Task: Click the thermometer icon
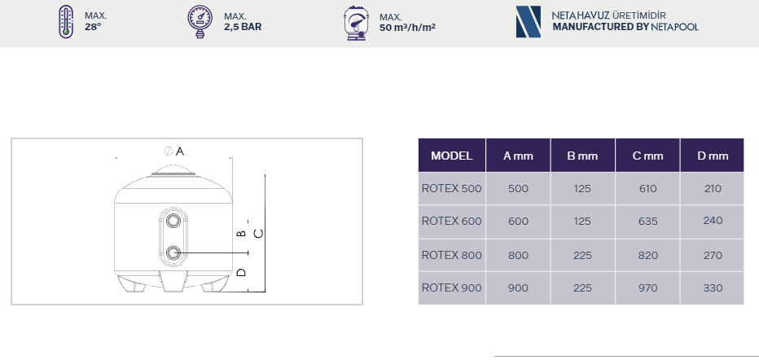[x=66, y=22]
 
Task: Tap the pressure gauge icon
[x=200, y=22]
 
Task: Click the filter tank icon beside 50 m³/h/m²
[x=356, y=23]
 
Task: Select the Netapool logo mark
[x=528, y=22]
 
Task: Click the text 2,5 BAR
[x=243, y=27]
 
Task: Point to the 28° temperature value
[x=93, y=27]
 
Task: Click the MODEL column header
[x=452, y=156]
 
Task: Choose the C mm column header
[x=647, y=156]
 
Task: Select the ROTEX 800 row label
[x=452, y=255]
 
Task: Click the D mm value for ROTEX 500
[x=713, y=188]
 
